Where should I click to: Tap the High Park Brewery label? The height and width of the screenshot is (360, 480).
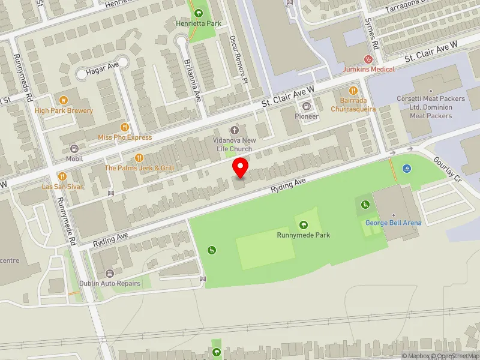[64, 110]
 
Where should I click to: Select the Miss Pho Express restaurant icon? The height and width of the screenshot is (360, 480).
[125, 127]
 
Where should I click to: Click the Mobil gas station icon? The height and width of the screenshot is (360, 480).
[75, 149]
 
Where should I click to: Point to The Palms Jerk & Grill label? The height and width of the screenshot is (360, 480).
[140, 168]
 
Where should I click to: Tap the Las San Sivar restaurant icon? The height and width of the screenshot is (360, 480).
[62, 176]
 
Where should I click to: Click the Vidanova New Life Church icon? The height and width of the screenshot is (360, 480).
[235, 130]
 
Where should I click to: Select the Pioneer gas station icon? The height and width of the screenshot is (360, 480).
[306, 106]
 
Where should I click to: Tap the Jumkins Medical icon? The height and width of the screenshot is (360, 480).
[369, 59]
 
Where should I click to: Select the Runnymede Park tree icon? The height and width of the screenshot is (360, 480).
[304, 225]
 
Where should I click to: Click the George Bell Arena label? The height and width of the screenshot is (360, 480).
[394, 223]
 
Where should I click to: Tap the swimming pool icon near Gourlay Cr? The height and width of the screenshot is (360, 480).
[407, 168]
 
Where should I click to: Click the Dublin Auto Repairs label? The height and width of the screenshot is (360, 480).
[110, 283]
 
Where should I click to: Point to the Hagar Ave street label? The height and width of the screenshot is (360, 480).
[104, 70]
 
